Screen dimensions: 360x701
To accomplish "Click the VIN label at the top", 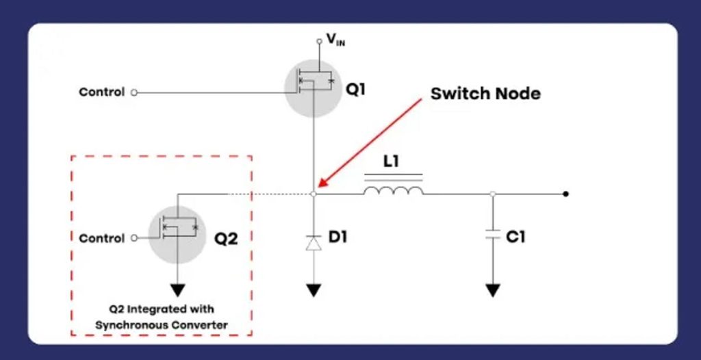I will tap(336, 40).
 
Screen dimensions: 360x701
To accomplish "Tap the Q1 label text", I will tap(355, 89).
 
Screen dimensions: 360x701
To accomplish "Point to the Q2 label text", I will tap(226, 239).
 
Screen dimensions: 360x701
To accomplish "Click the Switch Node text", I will tap(485, 94).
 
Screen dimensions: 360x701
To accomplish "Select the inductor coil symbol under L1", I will tap(393, 190).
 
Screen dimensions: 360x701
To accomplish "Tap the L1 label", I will tap(392, 162).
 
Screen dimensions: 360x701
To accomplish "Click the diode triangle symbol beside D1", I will tap(314, 242).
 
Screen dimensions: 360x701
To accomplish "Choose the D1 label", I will tap(338, 237).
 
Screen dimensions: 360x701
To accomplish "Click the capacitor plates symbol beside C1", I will tap(492, 235).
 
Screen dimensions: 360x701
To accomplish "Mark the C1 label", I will tap(515, 237).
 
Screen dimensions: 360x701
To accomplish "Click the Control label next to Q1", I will tap(102, 92).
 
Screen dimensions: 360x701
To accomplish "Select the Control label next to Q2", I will tap(102, 238).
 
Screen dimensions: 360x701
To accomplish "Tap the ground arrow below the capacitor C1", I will tap(492, 290).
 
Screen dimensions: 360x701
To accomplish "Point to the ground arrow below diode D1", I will tap(314, 290).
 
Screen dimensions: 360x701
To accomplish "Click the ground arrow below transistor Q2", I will tap(178, 289).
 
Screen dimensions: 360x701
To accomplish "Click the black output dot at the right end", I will tap(565, 194).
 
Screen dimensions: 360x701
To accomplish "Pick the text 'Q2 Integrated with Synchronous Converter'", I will tap(162, 317).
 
